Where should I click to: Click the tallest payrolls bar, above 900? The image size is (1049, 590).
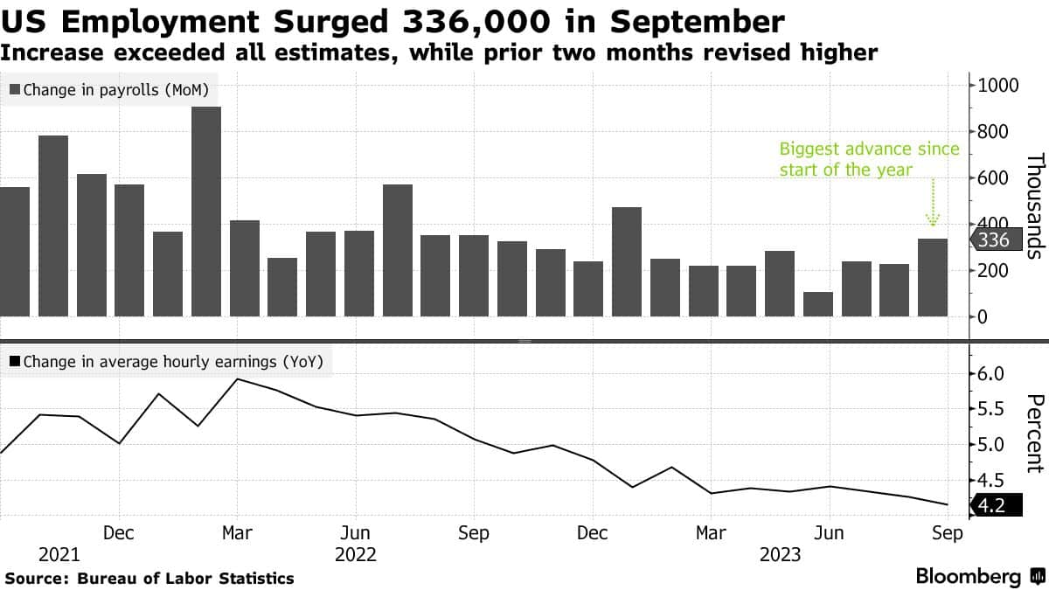coord(206,212)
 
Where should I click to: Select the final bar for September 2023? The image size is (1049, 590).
coord(932,277)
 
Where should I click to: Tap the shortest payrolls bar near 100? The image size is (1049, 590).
coord(818,304)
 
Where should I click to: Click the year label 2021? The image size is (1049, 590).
coord(59,554)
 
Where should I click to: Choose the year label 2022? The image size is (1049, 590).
coord(355,554)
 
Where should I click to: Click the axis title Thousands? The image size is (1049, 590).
coord(1035,205)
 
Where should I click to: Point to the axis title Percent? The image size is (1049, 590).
coord(1035,434)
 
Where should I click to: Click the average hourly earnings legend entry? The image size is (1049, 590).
coord(165,362)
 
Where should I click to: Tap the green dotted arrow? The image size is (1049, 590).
coord(932,203)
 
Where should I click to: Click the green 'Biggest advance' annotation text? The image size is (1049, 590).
coord(869,158)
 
